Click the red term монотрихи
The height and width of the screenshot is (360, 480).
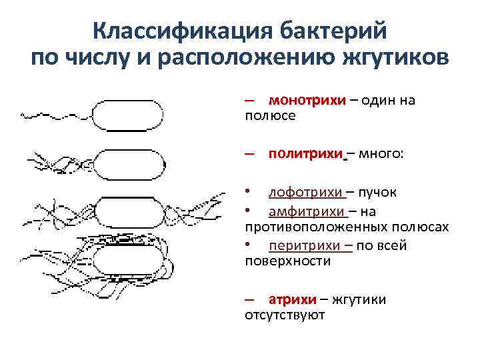307,100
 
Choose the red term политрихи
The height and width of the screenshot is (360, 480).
305,154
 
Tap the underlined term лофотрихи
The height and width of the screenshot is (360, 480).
305,193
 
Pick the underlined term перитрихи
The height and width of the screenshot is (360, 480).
305,245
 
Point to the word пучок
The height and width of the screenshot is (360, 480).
377,193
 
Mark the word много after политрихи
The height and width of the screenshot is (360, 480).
379,154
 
